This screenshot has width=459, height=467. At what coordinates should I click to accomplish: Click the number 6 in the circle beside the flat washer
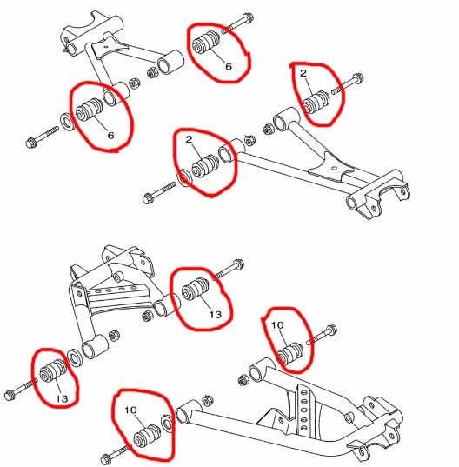[110, 136]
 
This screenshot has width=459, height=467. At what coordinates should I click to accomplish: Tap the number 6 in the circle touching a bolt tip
[229, 65]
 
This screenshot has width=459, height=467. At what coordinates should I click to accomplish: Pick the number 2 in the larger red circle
[187, 140]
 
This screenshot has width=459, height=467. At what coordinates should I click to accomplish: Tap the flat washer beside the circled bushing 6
[67, 119]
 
